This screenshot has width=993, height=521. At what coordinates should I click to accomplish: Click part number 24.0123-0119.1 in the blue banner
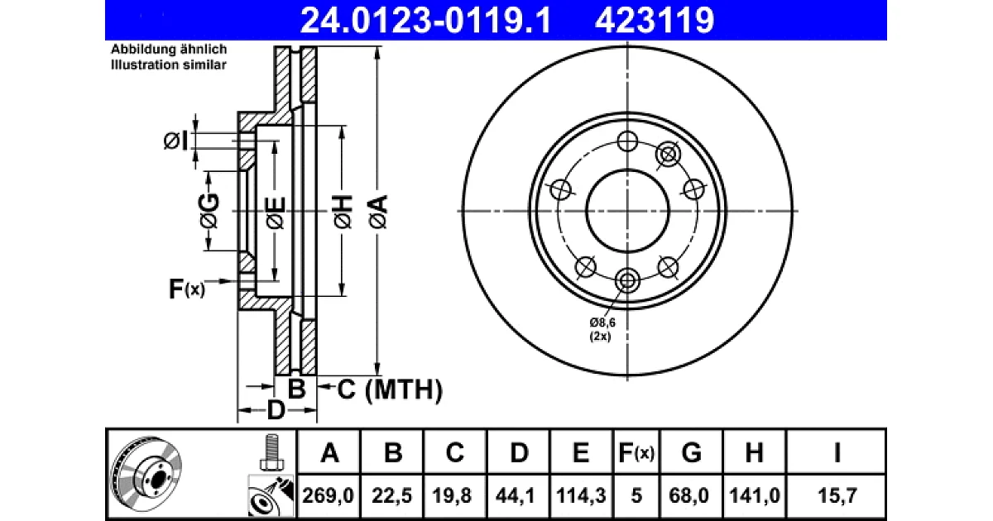(425, 21)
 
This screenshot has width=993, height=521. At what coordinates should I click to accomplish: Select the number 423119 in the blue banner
(655, 21)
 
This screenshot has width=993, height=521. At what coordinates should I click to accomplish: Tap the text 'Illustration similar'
(169, 65)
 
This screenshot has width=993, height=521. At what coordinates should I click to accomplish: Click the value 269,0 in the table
(328, 495)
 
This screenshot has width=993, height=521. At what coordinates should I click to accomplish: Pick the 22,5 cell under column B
(392, 495)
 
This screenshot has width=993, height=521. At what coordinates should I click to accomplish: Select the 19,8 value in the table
(453, 495)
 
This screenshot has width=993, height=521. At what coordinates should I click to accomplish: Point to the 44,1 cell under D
(515, 495)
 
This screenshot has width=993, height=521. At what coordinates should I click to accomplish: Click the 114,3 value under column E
(581, 495)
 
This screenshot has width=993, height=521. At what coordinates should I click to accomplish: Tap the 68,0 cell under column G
(688, 495)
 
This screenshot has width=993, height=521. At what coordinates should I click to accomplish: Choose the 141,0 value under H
(755, 495)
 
